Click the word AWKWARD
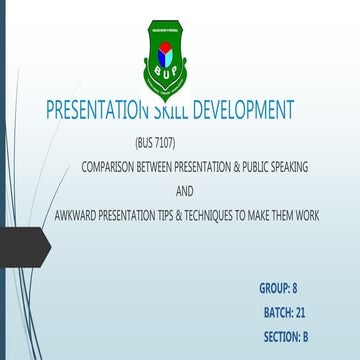[79, 215]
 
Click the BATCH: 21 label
[284, 313]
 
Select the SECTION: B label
[286, 338]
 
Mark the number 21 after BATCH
[300, 313]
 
